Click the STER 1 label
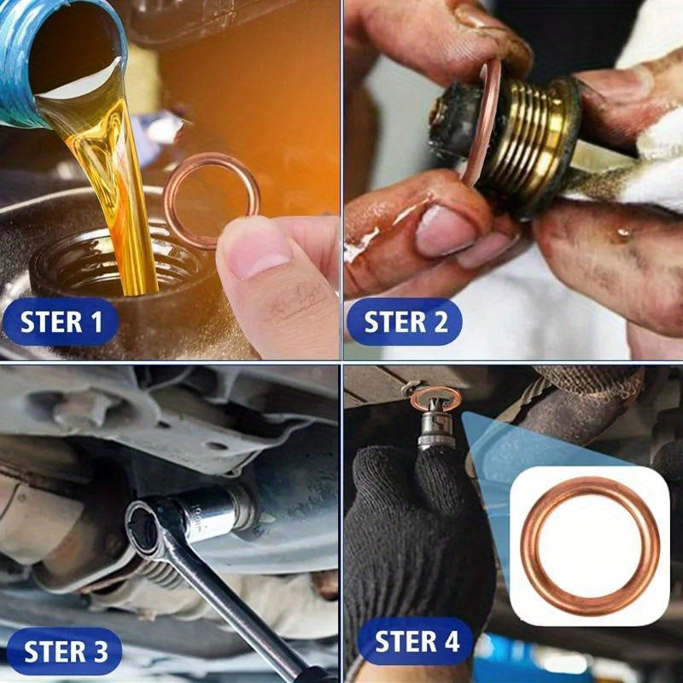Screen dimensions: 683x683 [61, 322]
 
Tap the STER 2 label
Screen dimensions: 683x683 [406, 322]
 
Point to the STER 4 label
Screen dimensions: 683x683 [417, 641]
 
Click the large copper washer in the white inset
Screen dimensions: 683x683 [589, 546]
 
